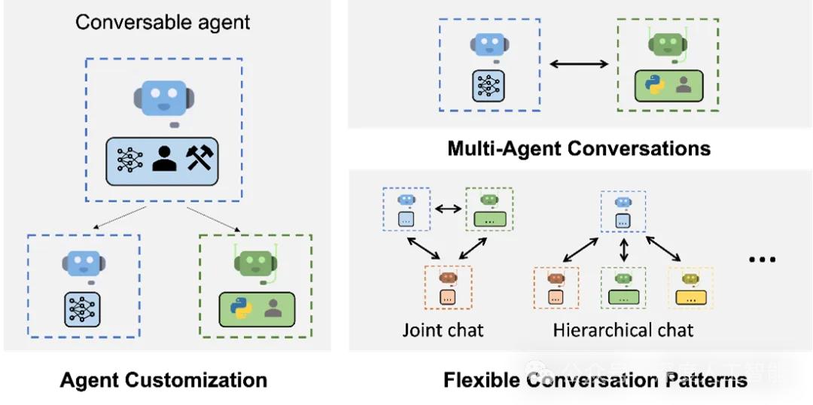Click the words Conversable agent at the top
pos(163,21)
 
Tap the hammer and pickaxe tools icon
pos(200,158)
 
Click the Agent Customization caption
pos(163,379)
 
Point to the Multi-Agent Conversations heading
pos(579,148)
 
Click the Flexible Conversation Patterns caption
pos(595,379)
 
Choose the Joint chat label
pos(443,330)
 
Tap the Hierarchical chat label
pos(623,330)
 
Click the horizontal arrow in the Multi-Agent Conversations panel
pos(578,65)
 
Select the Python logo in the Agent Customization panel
pos(239,308)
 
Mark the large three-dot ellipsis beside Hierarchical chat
pos(762,260)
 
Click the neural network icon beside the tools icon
pos(129,158)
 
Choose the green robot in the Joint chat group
pos(489,199)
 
